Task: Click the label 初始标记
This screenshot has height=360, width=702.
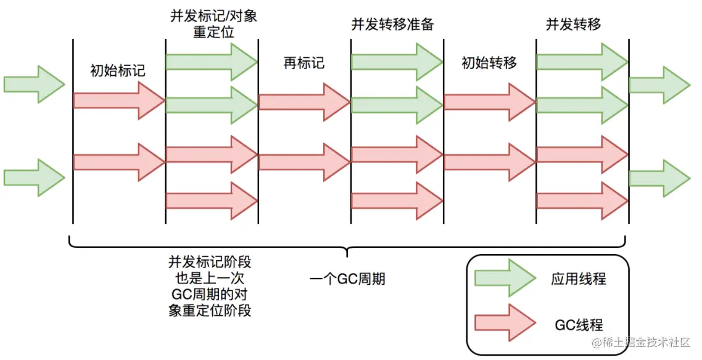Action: [x=118, y=70]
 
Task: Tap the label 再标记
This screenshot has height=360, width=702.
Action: [x=304, y=63]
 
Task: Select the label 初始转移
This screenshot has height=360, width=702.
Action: [x=489, y=63]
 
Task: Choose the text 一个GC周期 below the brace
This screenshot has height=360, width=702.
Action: [x=347, y=279]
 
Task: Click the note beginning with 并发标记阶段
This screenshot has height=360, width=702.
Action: [x=210, y=287]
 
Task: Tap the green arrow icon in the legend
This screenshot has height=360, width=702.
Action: [x=505, y=279]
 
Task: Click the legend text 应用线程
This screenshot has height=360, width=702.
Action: [x=579, y=279]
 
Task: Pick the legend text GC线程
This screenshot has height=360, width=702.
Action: [x=579, y=325]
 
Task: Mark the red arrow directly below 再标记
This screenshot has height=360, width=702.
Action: [x=304, y=102]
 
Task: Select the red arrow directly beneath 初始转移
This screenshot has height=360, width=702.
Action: [x=489, y=102]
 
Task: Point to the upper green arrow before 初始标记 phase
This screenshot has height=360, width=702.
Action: [x=34, y=83]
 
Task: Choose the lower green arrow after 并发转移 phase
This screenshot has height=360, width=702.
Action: [x=659, y=178]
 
